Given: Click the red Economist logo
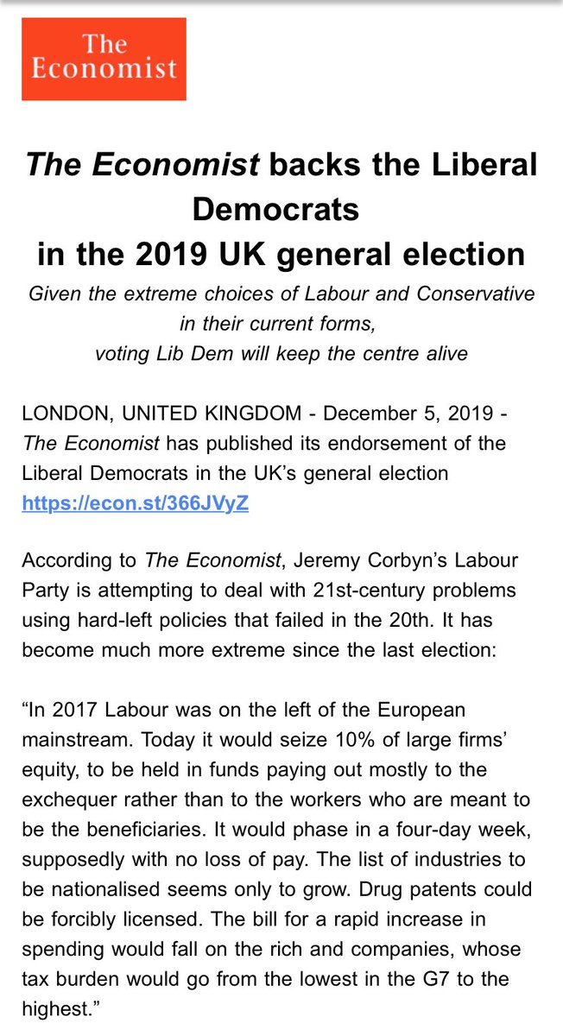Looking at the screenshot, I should pyautogui.click(x=104, y=58).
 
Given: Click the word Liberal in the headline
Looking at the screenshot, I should pyautogui.click(x=481, y=165).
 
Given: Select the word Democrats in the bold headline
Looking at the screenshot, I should pyautogui.click(x=275, y=210).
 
